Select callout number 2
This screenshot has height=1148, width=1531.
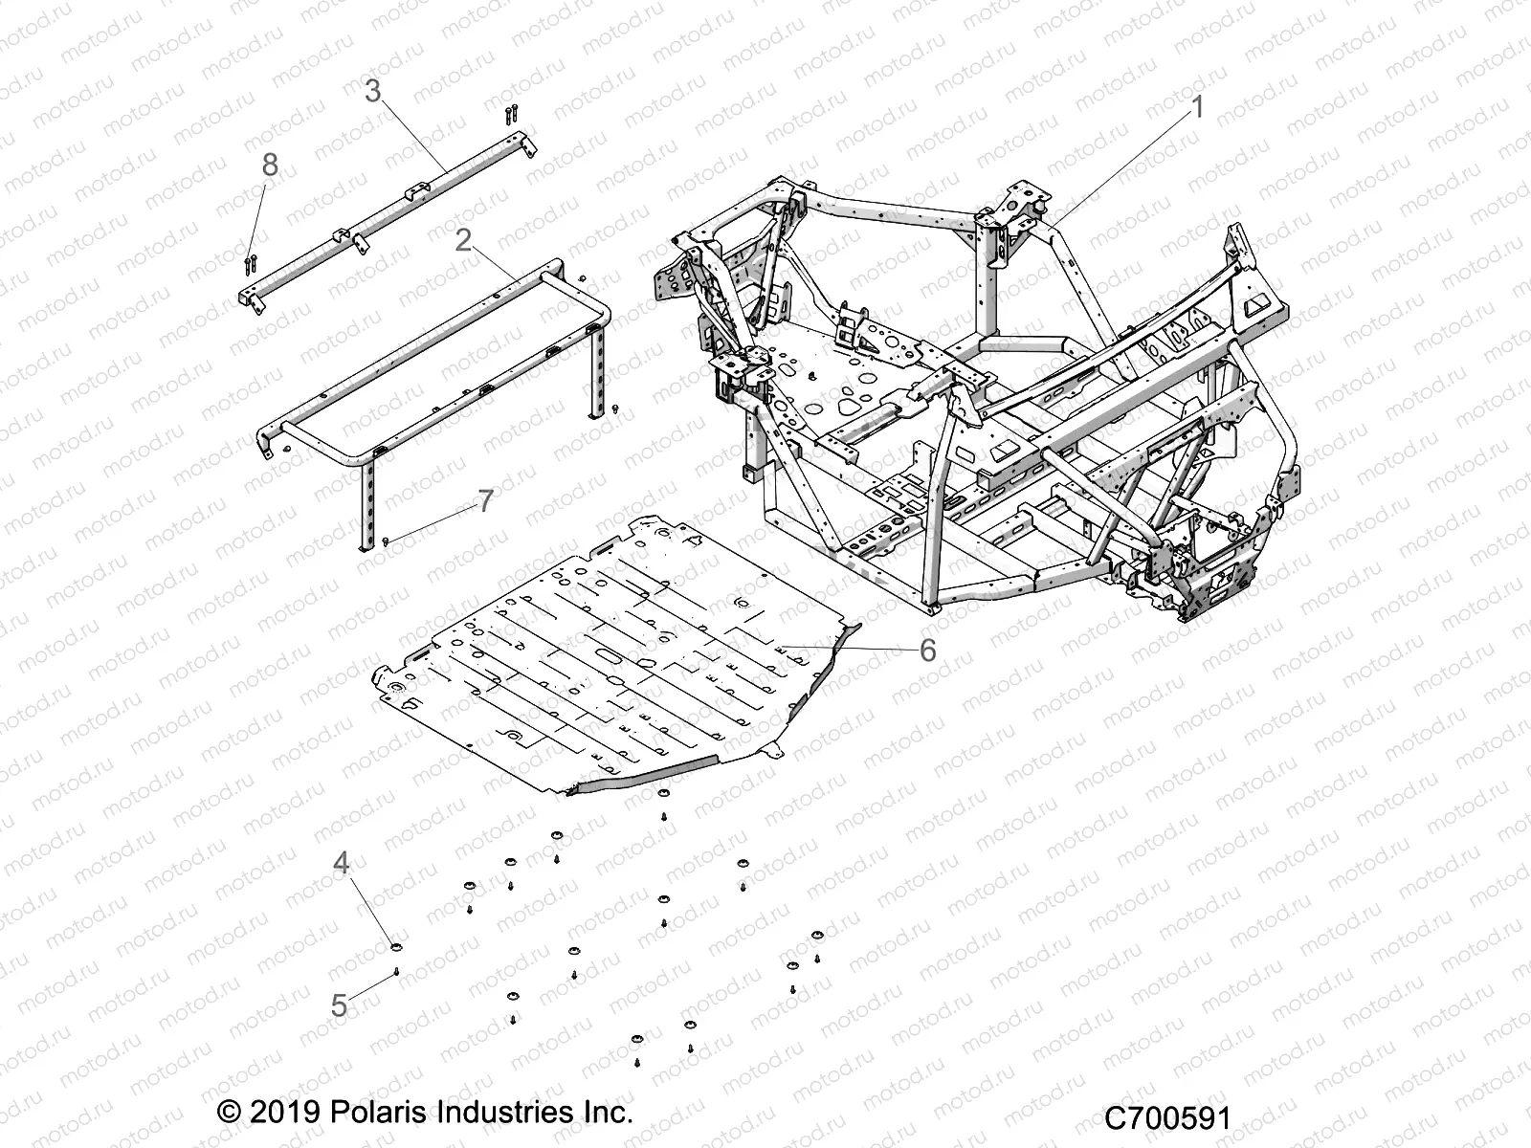pyautogui.click(x=463, y=240)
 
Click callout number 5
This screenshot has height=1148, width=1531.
pyautogui.click(x=339, y=1005)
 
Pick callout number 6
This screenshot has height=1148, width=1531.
pyautogui.click(x=927, y=650)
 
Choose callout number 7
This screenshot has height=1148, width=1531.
pyautogui.click(x=485, y=500)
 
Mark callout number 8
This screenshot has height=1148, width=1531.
pyautogui.click(x=270, y=166)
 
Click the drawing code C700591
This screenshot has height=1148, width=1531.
pyautogui.click(x=1166, y=1118)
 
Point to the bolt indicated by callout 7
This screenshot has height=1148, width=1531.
pyautogui.click(x=385, y=541)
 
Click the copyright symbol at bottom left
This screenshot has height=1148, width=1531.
pyautogui.click(x=229, y=1114)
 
